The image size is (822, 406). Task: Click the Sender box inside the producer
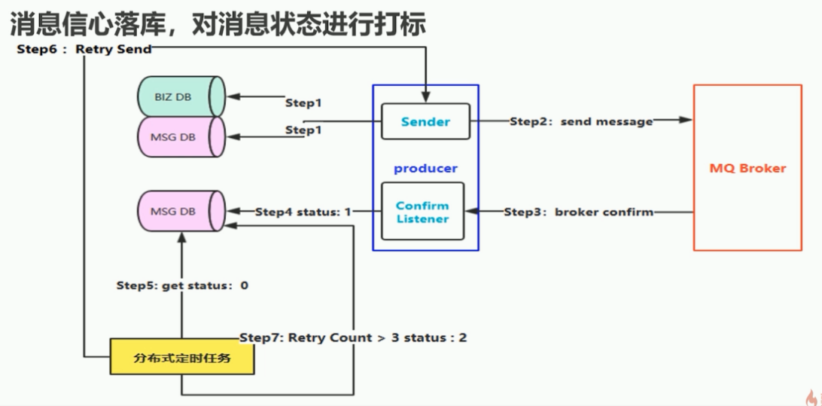click(425, 121)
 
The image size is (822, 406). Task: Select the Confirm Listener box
click(422, 212)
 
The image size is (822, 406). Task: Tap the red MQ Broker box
click(747, 168)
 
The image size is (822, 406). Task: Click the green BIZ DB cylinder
click(181, 96)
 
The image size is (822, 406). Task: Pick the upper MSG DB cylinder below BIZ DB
click(181, 136)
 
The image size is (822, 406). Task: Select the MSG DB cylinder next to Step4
click(181, 212)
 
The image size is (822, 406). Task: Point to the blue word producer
click(425, 168)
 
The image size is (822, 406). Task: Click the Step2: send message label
click(581, 121)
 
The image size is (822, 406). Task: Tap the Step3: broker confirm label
click(578, 212)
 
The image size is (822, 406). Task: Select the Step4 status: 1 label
click(303, 212)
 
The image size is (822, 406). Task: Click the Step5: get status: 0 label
click(182, 285)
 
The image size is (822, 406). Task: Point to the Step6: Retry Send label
click(84, 49)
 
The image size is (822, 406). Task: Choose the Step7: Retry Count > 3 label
click(353, 337)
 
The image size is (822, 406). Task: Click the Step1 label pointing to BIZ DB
click(303, 102)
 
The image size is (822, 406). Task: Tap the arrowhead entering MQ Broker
click(686, 120)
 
